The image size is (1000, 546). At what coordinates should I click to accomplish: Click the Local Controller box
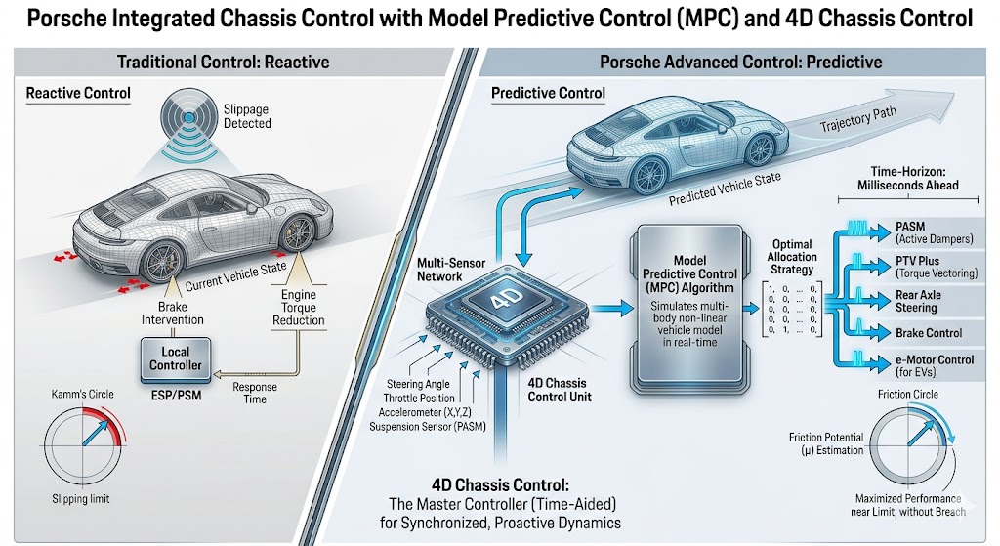[176, 358]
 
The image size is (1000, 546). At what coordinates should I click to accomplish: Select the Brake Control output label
[929, 333]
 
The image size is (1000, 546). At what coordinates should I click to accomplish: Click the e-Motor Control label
[935, 364]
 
